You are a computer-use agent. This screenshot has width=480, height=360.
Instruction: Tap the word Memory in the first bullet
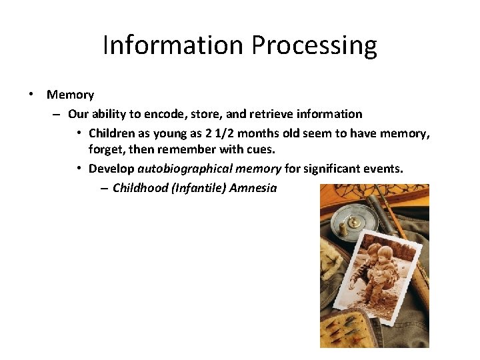(x=70, y=95)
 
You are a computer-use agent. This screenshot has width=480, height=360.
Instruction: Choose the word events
(x=383, y=169)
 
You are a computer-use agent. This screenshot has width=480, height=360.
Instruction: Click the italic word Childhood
(x=140, y=188)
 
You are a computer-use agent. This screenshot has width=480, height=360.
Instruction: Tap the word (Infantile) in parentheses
(x=198, y=188)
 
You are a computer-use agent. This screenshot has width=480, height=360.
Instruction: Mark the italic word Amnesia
(x=253, y=188)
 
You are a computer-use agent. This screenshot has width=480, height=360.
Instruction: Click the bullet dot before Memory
(x=32, y=95)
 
